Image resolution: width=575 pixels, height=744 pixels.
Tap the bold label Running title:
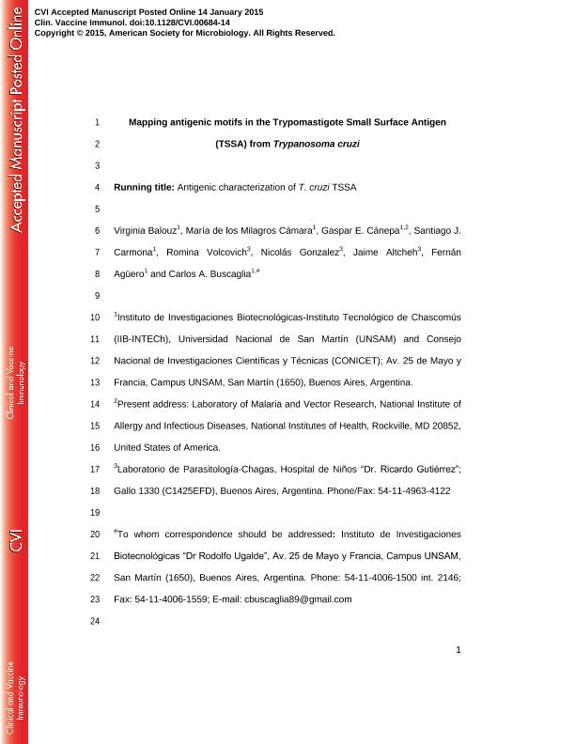pos(144,187)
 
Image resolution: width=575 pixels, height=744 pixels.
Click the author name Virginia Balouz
pos(145,231)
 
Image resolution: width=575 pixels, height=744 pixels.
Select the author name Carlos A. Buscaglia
pos(208,274)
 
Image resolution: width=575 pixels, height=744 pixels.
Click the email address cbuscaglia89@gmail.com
pos(298,598)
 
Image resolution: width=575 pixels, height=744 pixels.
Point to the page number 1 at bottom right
pos(458,649)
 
